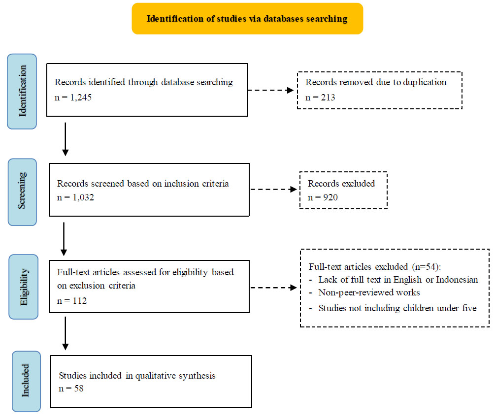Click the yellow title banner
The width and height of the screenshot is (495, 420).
point(247,19)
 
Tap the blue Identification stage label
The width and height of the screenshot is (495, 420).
point(22,91)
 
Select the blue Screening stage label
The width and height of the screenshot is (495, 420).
point(22,192)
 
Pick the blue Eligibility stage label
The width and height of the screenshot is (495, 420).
point(23,287)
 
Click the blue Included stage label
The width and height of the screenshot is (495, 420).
point(26,381)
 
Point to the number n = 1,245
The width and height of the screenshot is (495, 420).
point(73,97)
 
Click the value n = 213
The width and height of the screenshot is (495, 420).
point(320,97)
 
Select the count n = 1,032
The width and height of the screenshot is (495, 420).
point(75,197)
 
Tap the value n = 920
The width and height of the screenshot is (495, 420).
point(323,197)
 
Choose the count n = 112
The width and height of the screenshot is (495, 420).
point(71,301)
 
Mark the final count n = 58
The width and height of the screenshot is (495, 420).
point(71,388)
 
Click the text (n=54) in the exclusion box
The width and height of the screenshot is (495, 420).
point(426,267)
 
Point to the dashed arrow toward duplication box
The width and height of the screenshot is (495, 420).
point(271,90)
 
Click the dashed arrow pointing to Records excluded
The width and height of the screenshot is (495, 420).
point(273,190)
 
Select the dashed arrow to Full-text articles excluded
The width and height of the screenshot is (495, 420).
point(273,288)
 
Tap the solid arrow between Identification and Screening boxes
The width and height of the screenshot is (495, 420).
point(66,139)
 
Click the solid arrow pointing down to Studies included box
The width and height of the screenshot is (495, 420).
point(66,333)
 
